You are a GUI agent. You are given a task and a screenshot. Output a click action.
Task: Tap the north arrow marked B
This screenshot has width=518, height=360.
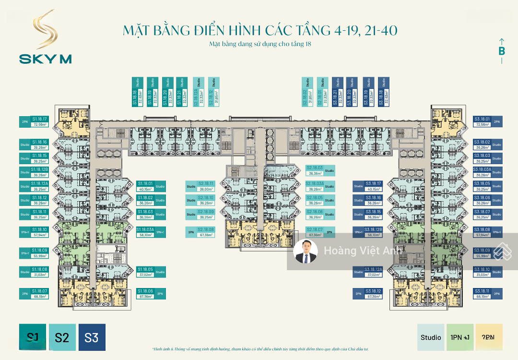tap(502, 50)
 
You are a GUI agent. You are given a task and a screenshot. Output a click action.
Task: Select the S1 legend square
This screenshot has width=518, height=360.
tap(33, 337)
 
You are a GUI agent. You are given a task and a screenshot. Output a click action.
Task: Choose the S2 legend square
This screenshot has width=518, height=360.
tap(62, 337)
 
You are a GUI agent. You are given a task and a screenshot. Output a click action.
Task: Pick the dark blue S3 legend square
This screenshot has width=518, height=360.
tap(92, 337)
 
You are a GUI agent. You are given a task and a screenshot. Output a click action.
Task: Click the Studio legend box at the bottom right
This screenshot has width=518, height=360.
tap(431, 337)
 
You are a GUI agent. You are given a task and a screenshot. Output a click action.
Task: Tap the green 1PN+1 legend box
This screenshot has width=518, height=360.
tap(460, 337)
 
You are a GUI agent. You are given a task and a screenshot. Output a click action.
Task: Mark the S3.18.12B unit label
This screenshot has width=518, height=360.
tap(373, 232)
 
